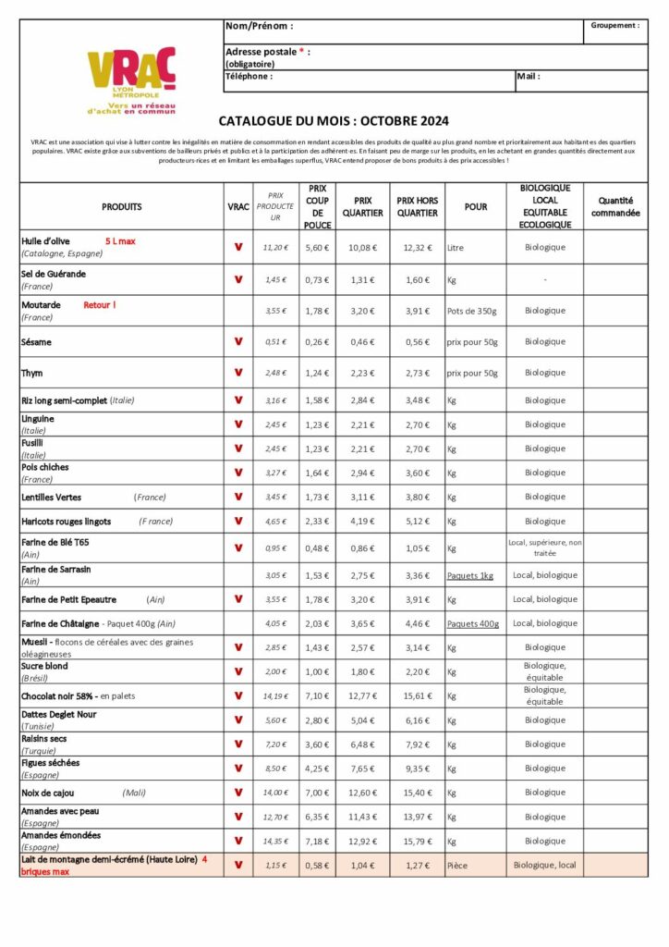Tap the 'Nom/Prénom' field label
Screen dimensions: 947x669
[259, 26]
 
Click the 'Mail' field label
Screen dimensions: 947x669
[529, 77]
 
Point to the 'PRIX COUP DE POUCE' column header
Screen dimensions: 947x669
[317, 206]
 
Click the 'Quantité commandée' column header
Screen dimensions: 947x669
[615, 206]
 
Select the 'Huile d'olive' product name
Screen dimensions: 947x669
[45, 241]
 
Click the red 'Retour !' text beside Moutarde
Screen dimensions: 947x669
[100, 304]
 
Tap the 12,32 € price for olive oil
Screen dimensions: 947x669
[417, 248]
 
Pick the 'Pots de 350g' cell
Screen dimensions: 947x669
[472, 311]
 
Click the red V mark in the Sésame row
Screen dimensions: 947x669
[237, 342]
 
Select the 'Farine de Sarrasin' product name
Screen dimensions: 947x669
[56, 570]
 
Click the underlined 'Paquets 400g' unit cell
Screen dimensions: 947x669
[473, 624]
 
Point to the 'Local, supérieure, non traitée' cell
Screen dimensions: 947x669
[544, 547]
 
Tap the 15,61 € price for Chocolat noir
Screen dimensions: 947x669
[417, 695]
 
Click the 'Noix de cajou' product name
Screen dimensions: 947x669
[48, 793]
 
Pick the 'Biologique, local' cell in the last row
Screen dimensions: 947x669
[544, 866]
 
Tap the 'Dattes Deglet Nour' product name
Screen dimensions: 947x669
[59, 715]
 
